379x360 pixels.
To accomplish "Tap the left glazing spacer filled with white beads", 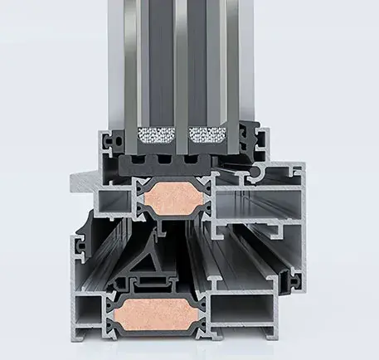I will [158, 134].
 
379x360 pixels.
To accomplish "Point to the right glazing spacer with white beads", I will [207, 134].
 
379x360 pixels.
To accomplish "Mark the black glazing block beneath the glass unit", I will [178, 163].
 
